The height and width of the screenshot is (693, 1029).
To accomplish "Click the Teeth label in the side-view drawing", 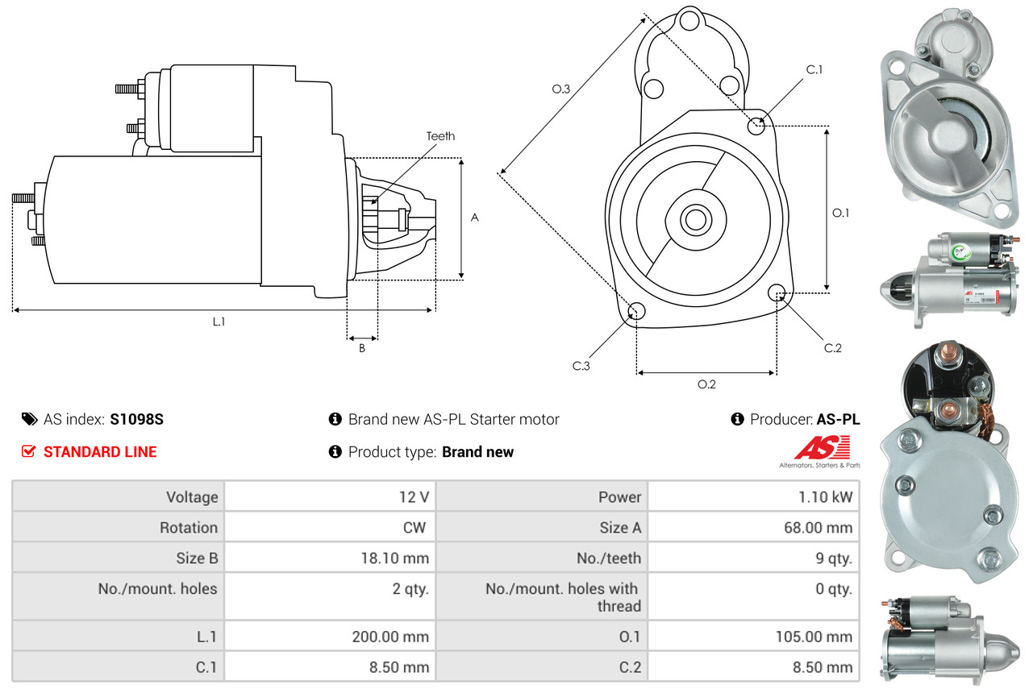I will [440, 136].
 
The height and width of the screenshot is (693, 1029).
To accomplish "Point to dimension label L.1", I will [219, 322].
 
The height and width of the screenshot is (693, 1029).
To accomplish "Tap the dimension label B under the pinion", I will [362, 349].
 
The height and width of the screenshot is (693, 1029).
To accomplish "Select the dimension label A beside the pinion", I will [475, 218].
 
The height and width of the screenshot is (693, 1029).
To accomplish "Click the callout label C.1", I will [814, 70].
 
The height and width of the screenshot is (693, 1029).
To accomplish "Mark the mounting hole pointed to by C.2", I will [777, 293].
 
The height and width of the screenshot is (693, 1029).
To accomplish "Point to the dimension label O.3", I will [561, 89].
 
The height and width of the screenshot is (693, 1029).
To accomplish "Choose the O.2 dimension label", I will [706, 384].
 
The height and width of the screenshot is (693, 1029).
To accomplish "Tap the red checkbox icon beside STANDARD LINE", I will [28, 451].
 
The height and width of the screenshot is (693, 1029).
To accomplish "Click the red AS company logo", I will [822, 448].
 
